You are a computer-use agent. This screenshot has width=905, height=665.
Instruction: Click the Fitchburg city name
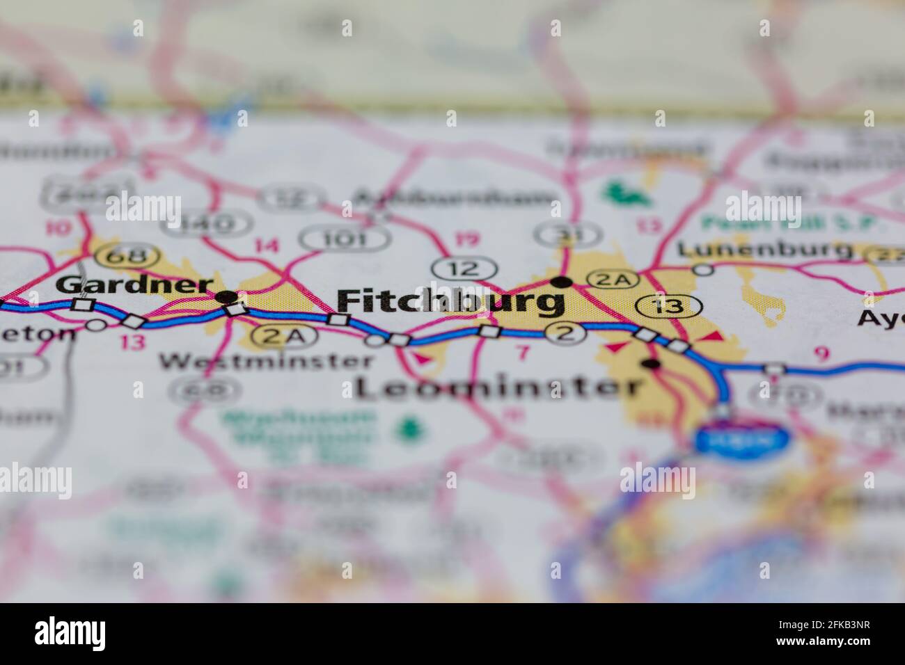[x=450, y=301]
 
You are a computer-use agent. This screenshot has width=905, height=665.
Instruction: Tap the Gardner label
[x=134, y=285]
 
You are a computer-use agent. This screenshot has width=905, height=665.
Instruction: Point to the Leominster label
[x=498, y=387]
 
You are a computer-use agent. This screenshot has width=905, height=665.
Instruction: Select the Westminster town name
[x=266, y=361]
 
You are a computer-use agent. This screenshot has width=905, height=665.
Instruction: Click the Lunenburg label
[x=765, y=250]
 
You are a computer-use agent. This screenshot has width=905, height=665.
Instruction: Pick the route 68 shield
[x=118, y=257]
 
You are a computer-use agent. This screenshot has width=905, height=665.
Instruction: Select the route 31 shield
[x=569, y=234]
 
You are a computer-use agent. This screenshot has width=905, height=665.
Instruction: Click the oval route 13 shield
[x=668, y=305]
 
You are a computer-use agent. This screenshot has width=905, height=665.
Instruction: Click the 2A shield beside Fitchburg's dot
[x=613, y=280]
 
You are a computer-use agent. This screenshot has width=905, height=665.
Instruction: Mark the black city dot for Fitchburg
[x=562, y=282]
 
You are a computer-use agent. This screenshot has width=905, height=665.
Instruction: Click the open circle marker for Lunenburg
[x=704, y=269]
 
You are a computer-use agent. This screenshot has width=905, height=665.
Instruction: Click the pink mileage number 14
[x=267, y=245]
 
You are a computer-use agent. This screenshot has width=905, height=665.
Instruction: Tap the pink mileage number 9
[x=821, y=354]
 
